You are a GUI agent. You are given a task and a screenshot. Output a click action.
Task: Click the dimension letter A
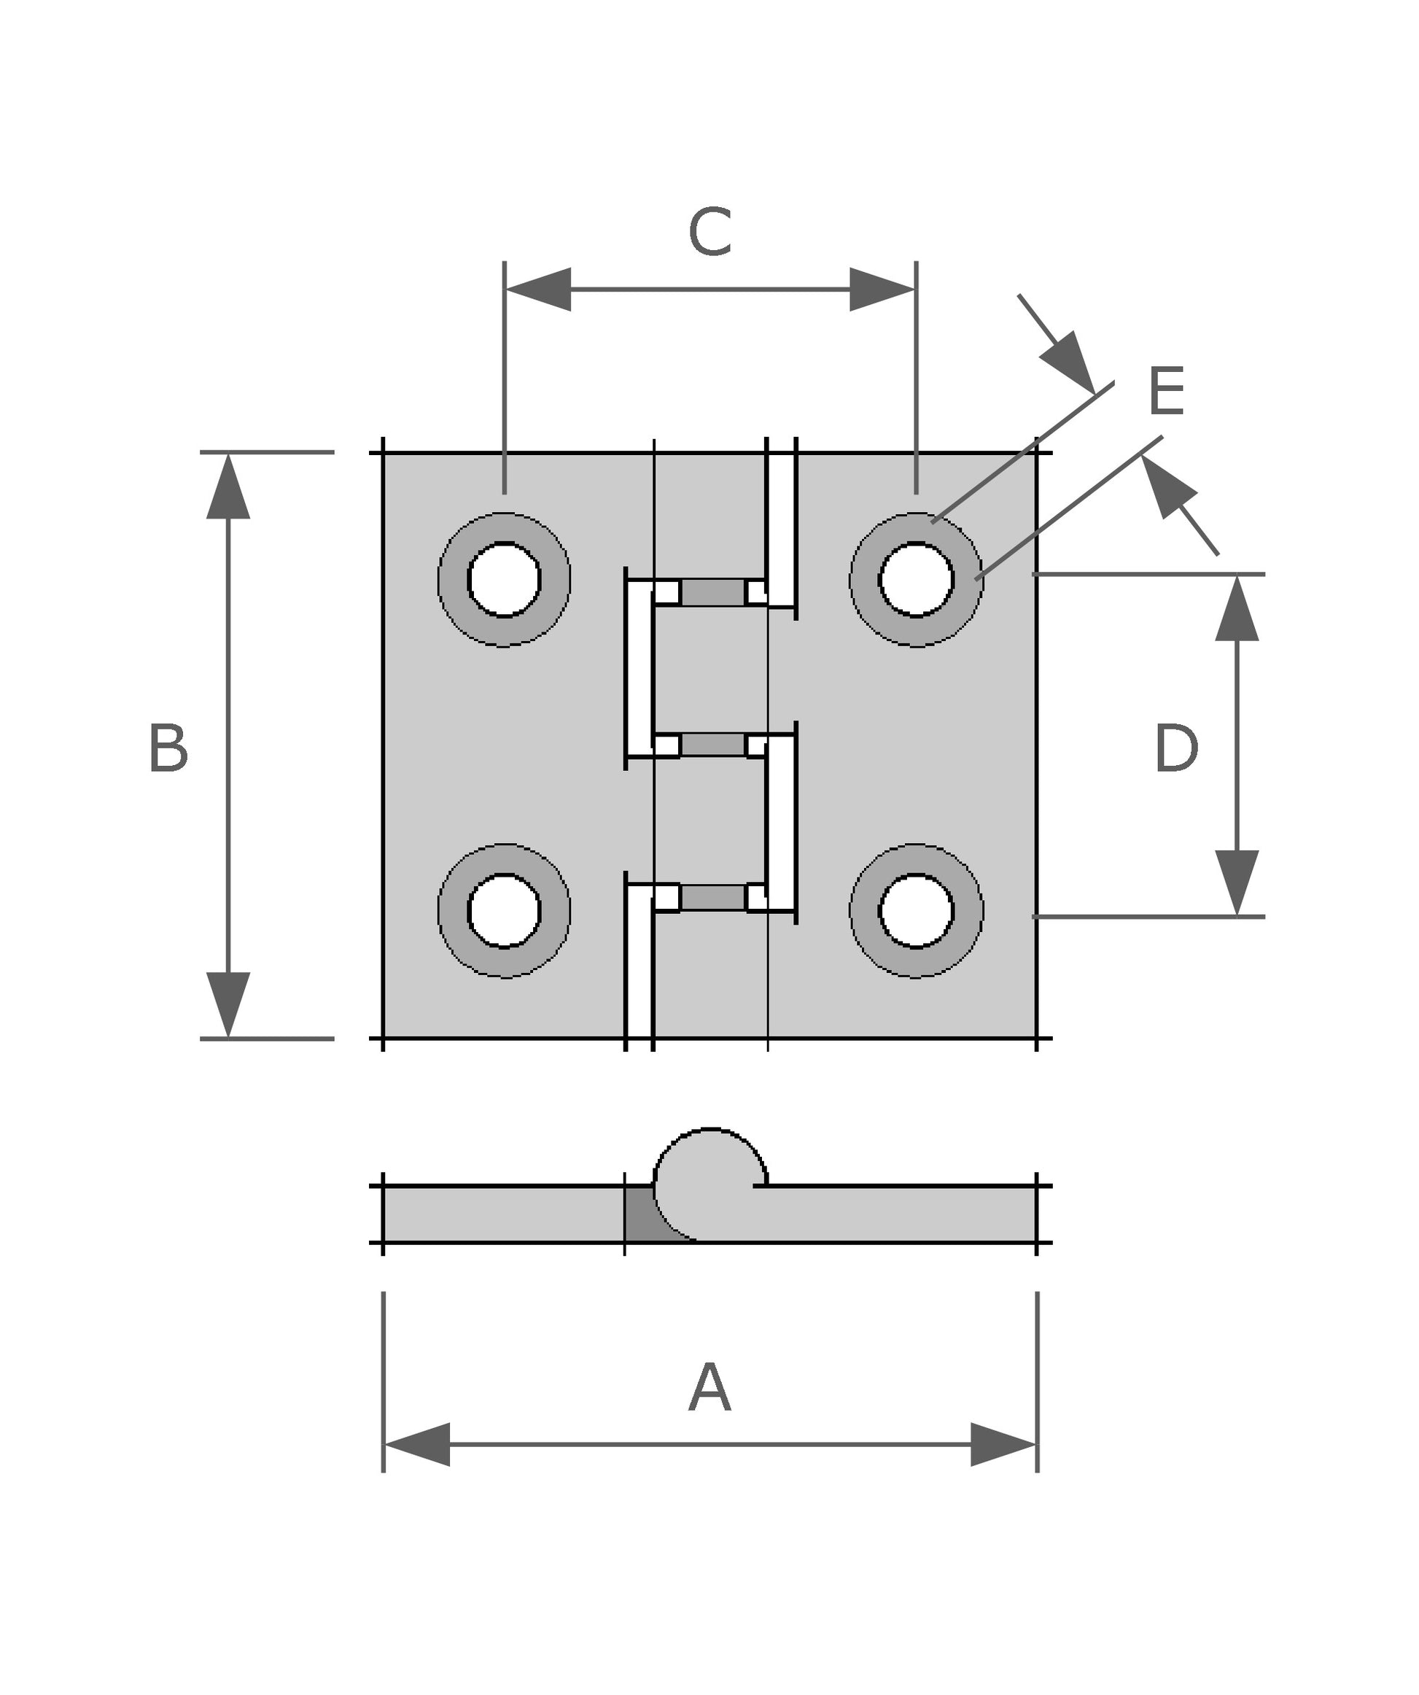(x=709, y=1387)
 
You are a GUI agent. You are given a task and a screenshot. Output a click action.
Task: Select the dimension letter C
(x=709, y=233)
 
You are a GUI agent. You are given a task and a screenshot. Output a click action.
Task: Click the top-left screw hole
(x=505, y=580)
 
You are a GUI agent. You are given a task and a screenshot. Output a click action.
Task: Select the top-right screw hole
(x=916, y=580)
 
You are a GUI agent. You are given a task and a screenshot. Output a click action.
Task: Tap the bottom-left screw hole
(x=505, y=910)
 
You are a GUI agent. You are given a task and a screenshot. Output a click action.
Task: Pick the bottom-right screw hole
(x=916, y=910)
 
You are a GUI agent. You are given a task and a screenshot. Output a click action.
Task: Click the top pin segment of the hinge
(x=712, y=592)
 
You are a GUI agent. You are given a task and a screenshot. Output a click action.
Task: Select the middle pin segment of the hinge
(x=712, y=744)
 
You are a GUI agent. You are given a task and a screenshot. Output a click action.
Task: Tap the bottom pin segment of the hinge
(x=712, y=897)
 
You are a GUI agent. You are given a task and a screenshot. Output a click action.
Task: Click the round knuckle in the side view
(x=709, y=1182)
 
